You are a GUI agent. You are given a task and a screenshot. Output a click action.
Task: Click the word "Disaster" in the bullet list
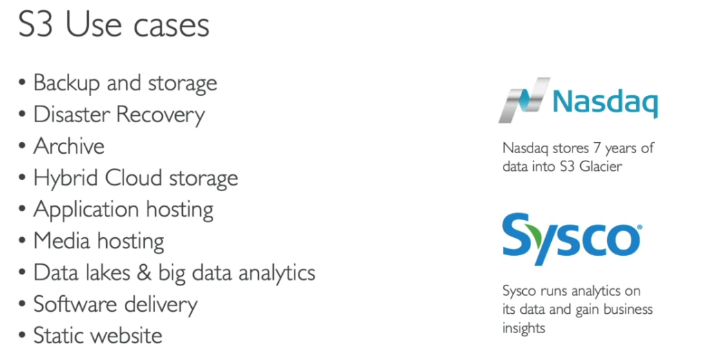pos(72,114)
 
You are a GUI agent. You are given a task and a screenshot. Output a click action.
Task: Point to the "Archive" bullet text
pos(69,146)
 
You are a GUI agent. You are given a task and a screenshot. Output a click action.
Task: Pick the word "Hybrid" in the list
pos(67,179)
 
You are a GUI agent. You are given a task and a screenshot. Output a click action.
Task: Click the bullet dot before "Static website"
pos(23,337)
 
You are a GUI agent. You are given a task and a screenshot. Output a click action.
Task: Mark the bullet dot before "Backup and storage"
pos(23,84)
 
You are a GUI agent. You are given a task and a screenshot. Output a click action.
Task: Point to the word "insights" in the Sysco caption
pos(524,328)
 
